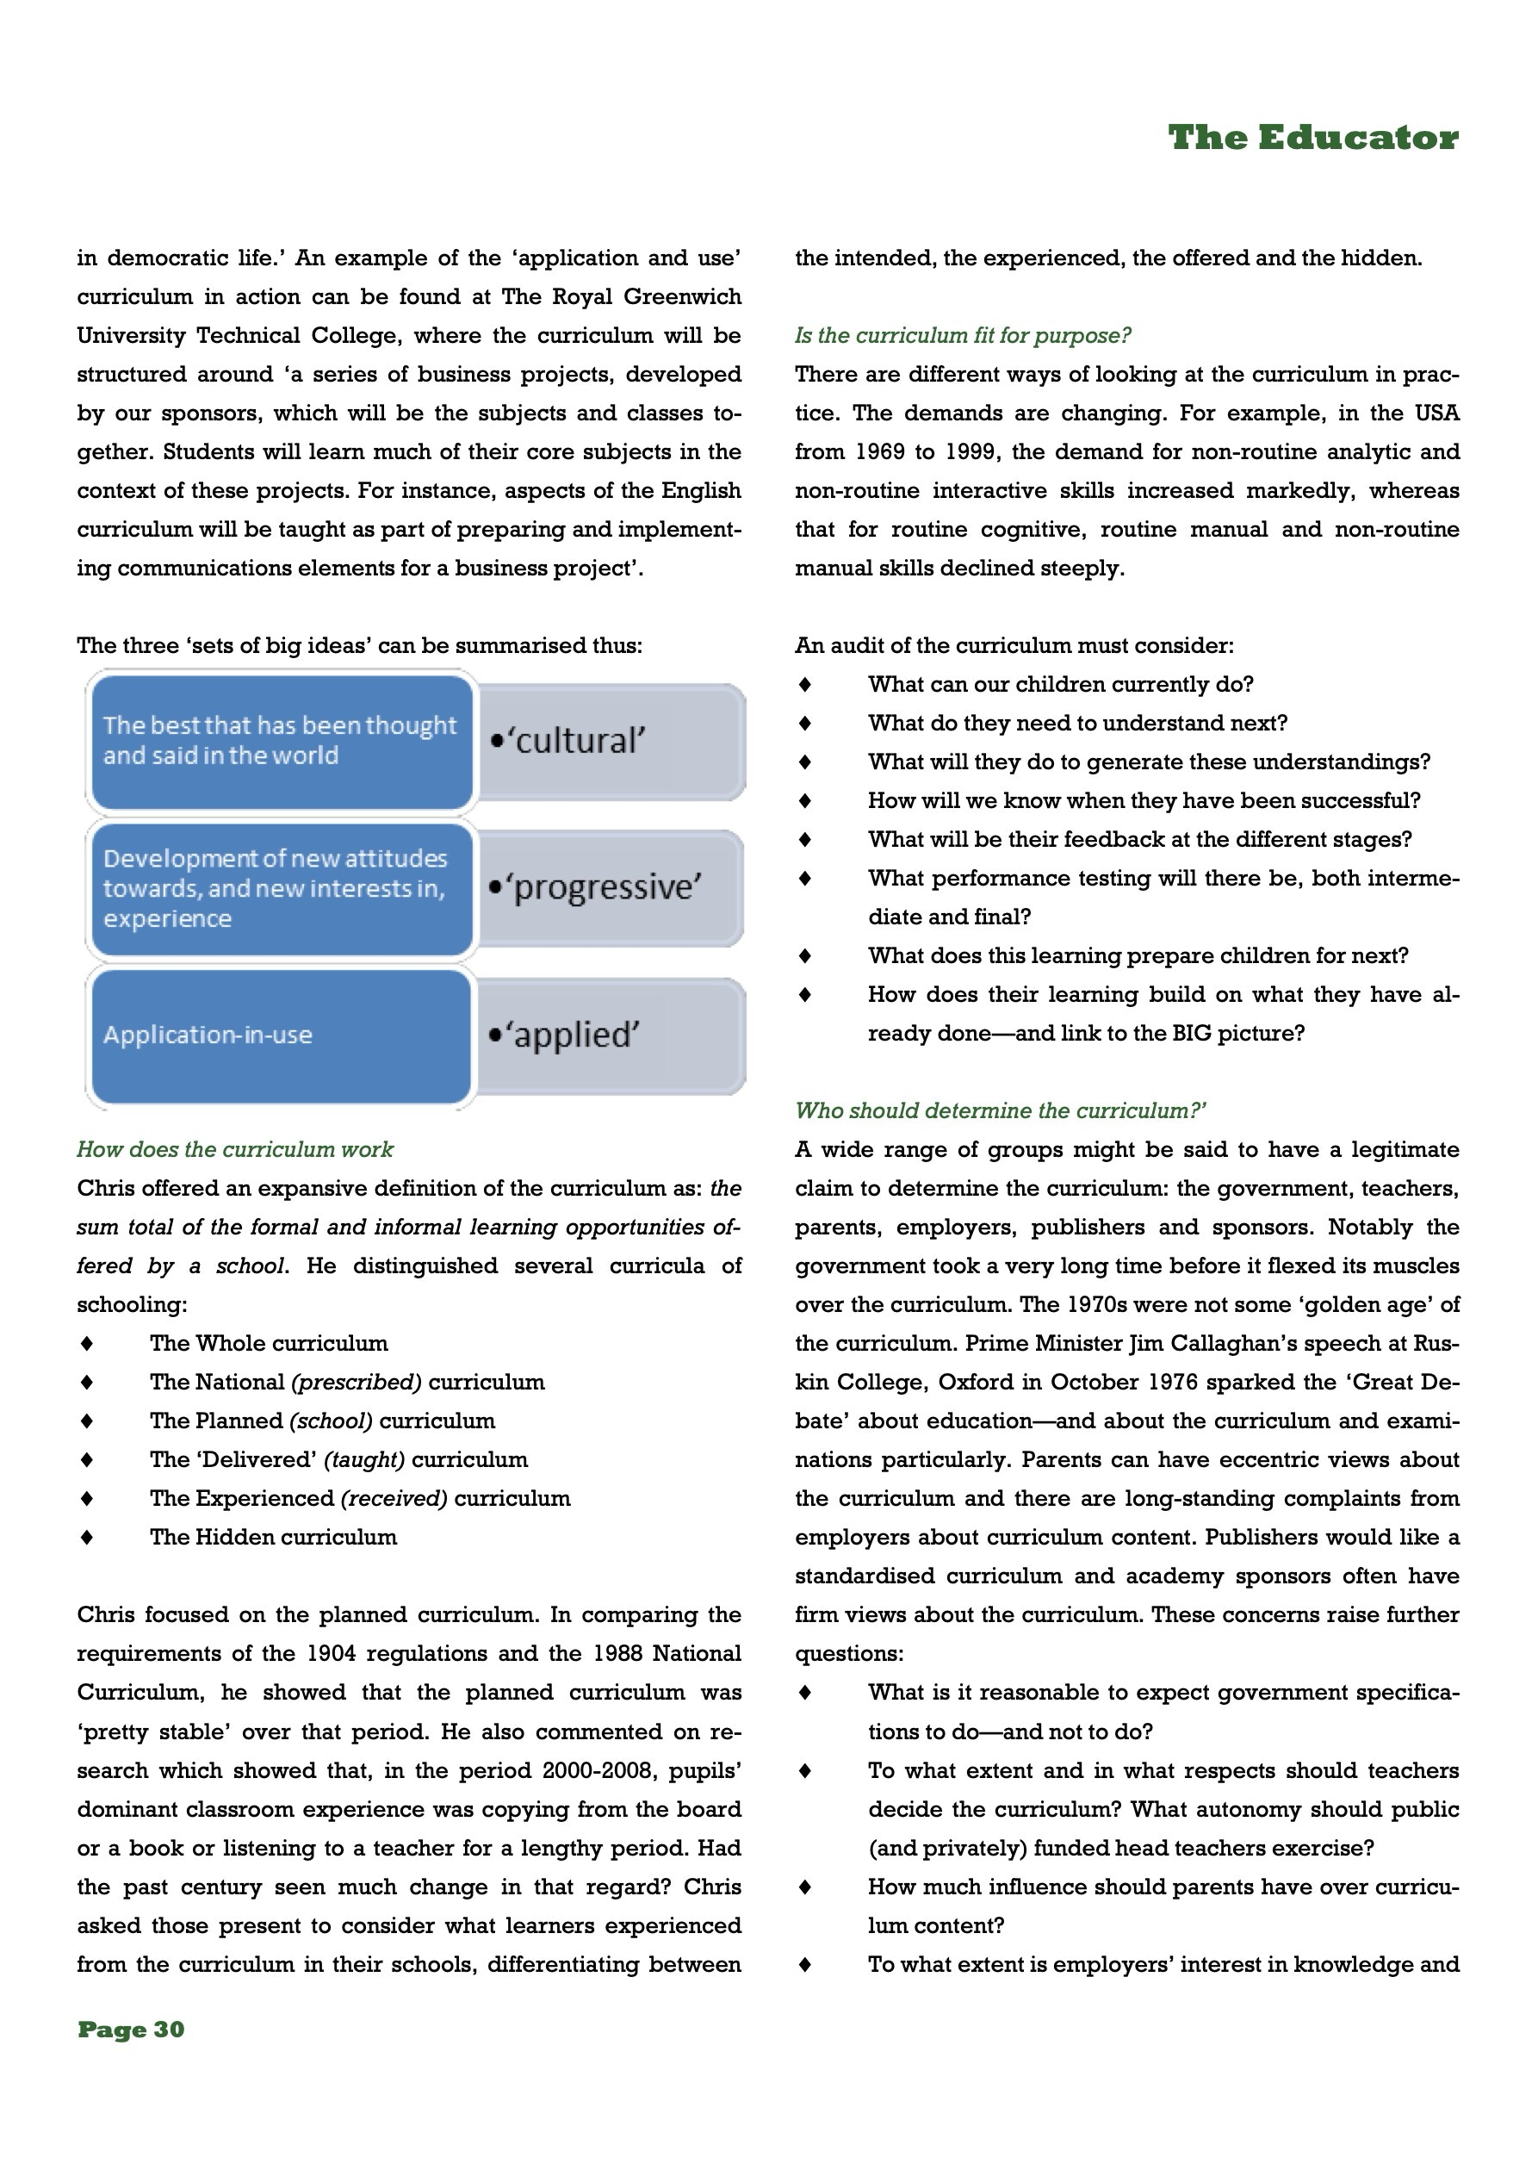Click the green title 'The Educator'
pos(1312,139)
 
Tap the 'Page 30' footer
pos(131,2029)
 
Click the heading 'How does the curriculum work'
pos(235,1150)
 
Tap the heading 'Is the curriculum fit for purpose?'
pos(963,335)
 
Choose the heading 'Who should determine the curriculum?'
pos(1001,1110)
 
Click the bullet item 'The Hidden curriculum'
pos(273,1537)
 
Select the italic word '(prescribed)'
pos(357,1382)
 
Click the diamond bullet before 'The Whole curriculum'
pos(87,1344)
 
